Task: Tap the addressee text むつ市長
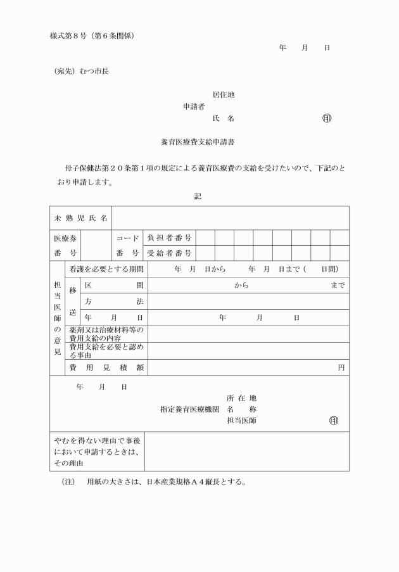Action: pos(94,72)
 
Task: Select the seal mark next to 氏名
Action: pos(327,118)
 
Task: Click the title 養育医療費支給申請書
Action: pos(199,143)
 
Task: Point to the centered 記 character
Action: pos(198,196)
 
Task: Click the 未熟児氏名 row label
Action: pos(80,218)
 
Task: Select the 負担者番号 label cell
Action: pos(169,238)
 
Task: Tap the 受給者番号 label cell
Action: pos(169,253)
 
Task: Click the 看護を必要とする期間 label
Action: pos(106,269)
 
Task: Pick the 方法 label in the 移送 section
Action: pos(114,301)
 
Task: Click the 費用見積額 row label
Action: pos(106,367)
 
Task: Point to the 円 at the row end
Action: pos(341,367)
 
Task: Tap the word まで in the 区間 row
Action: pos(338,285)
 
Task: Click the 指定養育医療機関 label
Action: pos(189,409)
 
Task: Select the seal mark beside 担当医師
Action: pos(333,421)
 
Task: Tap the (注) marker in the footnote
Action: pos(68,481)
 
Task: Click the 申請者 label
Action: pos(193,106)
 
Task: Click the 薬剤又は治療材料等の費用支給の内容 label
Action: pos(106,334)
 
